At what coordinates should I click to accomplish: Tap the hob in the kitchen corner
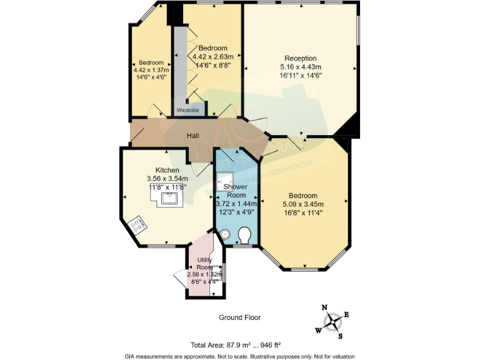click(137, 224)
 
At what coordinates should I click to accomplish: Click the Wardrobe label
click(187, 110)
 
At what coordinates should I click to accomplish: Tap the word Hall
click(194, 136)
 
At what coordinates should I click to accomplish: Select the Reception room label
click(301, 59)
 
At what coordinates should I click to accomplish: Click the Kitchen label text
click(167, 170)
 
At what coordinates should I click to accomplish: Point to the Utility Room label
click(204, 263)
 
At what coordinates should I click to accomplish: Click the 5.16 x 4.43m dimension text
click(301, 67)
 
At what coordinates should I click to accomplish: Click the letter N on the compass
click(324, 307)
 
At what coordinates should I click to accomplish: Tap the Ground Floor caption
click(239, 317)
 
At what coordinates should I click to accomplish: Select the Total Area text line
click(239, 345)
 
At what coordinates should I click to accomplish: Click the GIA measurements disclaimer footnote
click(239, 356)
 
